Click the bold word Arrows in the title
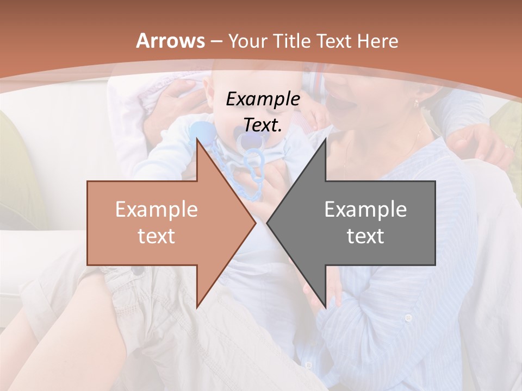(171, 41)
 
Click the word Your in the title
(247, 41)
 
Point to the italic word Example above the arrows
(263, 99)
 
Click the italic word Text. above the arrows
(263, 125)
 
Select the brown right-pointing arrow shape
(163, 223)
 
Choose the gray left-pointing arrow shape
(364, 223)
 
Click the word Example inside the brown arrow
(156, 210)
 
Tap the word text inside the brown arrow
(156, 236)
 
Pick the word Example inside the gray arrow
(365, 210)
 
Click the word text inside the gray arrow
(365, 236)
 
